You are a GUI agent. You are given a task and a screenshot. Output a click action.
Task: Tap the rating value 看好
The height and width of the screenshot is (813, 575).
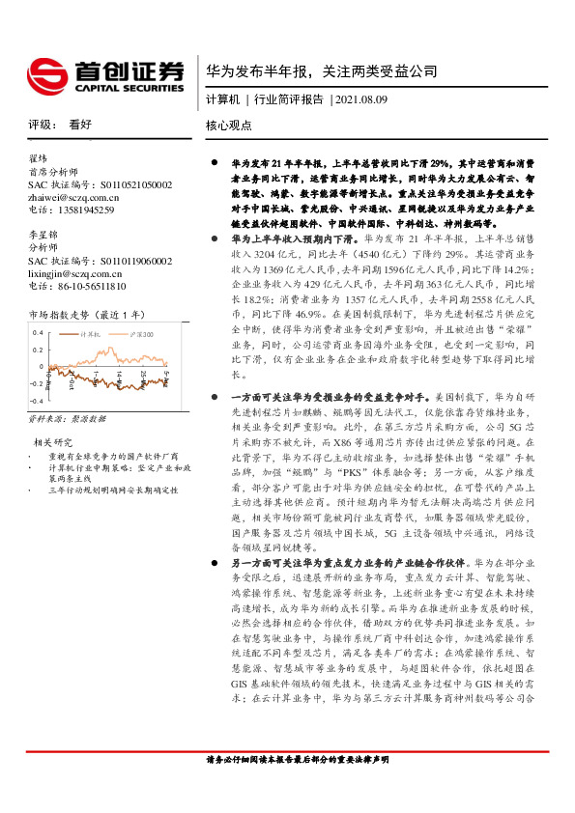pyautogui.click(x=80, y=125)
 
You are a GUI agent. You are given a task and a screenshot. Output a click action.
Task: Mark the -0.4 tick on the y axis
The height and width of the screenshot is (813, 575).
pyautogui.click(x=36, y=399)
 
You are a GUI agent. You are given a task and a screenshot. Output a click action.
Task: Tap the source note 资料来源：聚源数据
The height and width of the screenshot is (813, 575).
pyautogui.click(x=67, y=420)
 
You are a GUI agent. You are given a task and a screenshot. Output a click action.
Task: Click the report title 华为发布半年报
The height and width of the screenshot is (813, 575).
pyautogui.click(x=255, y=71)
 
